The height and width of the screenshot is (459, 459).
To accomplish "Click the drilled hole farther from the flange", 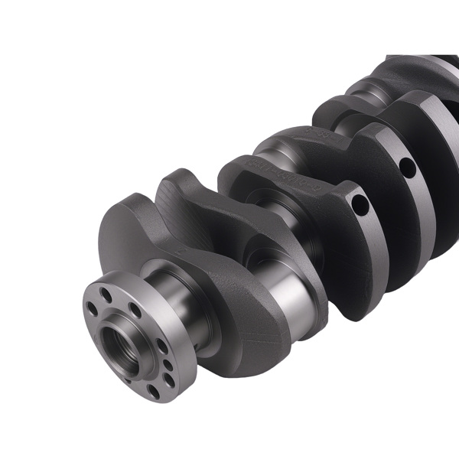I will click(x=407, y=164).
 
